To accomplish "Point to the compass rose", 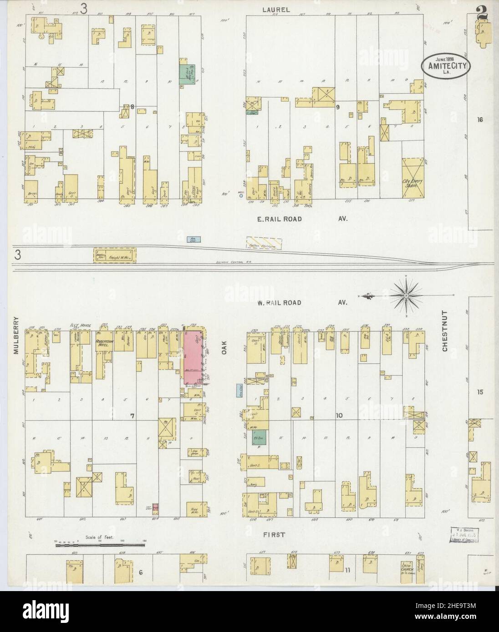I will (404, 296).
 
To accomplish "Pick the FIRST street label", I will (274, 535).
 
